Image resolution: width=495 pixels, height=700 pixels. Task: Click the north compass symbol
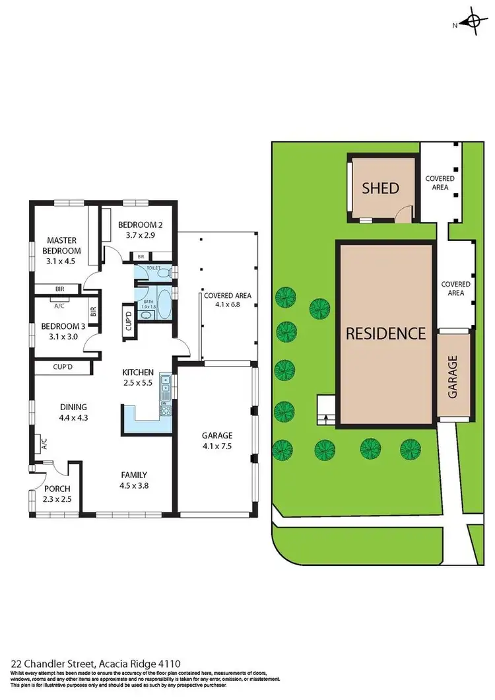473,22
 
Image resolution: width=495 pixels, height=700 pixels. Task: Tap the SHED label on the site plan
381,188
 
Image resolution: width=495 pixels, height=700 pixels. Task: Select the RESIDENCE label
386,333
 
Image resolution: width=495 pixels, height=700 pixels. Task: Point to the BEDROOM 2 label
140,225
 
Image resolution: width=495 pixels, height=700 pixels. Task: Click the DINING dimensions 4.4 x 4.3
73,417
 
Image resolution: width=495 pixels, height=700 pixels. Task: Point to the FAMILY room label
133,475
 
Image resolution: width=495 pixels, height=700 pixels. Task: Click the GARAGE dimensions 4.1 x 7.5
217,446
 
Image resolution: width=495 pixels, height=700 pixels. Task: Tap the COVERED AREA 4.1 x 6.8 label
227,300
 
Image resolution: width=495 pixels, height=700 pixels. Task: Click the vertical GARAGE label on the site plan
453,376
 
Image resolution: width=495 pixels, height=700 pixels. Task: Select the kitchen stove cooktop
165,410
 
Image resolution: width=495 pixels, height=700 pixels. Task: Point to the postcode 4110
170,663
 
